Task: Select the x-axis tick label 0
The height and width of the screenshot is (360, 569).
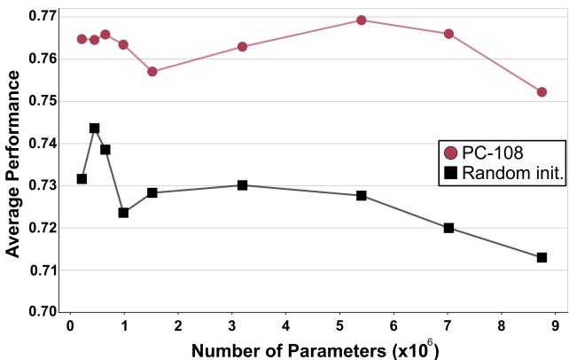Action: (70, 326)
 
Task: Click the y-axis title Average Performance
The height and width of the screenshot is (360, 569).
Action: (13, 164)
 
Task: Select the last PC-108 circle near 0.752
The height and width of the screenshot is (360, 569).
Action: (542, 92)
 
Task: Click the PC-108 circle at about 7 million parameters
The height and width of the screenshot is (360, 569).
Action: (448, 34)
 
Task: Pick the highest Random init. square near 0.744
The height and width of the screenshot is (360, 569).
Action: (95, 128)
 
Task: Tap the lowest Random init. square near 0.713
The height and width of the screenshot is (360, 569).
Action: (542, 257)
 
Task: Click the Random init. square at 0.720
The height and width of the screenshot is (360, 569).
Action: (448, 228)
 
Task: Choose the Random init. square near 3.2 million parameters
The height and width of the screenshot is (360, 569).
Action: (242, 185)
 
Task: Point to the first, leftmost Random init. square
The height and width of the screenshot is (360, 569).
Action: (82, 179)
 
